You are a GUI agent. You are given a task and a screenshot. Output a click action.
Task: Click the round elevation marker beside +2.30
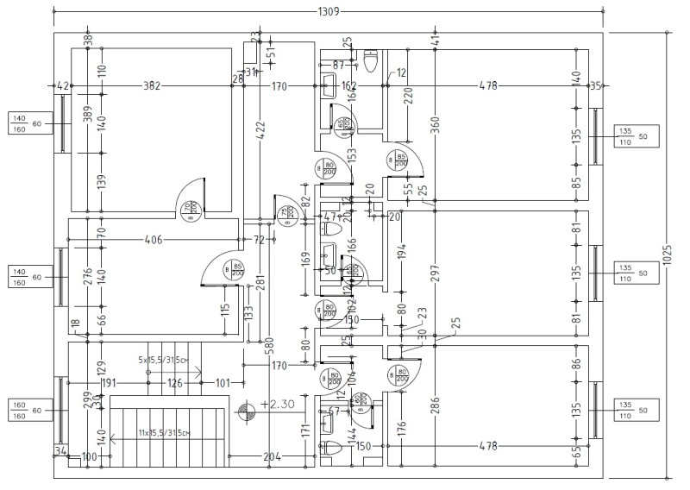pos(248,411)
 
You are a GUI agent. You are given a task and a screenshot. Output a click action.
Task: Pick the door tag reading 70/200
pos(189,207)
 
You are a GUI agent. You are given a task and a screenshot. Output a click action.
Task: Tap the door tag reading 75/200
pos(285,212)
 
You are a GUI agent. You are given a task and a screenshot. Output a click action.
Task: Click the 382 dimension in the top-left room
pos(153,86)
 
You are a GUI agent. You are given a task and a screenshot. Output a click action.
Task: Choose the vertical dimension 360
pos(435,126)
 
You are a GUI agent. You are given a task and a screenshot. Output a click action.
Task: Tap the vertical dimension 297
pos(435,273)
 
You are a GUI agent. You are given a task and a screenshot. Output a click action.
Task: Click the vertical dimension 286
pos(435,405)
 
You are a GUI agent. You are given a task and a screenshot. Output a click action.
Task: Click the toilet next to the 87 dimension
pos(372,62)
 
